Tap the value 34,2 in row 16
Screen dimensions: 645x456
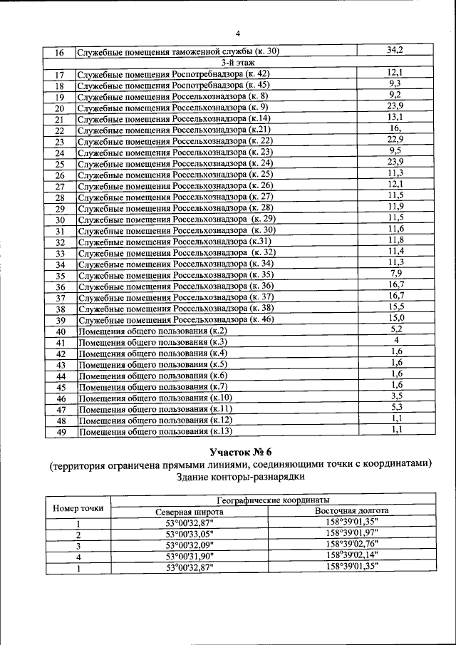(395, 51)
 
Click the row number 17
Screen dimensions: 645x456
(60, 75)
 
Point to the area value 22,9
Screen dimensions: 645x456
(395, 140)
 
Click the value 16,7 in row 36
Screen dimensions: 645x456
(395, 285)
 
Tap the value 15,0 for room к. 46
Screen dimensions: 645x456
(396, 319)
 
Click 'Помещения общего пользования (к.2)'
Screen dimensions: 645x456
(152, 331)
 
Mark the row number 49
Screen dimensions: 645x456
(61, 431)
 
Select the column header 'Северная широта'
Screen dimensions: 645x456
(190, 512)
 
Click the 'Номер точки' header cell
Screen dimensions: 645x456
(78, 507)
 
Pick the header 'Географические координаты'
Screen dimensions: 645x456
(269, 501)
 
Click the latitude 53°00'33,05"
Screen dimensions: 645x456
(190, 534)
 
